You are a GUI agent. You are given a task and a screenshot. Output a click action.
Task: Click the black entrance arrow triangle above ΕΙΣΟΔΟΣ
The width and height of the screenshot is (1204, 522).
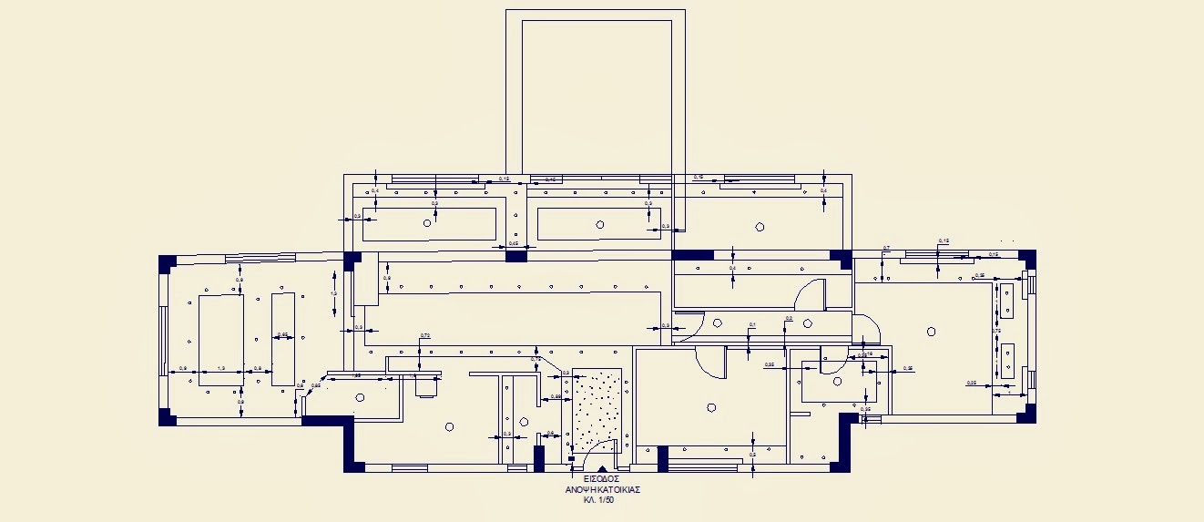[600, 467]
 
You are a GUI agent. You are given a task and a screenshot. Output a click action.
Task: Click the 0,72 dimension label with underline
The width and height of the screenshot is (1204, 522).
[424, 336]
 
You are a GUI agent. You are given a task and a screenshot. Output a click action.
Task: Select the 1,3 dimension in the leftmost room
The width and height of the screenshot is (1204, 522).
[220, 368]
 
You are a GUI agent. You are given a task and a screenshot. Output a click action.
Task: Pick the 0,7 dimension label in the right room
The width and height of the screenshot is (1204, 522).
[886, 248]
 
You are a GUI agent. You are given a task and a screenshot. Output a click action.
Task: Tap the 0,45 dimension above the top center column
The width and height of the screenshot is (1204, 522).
[514, 243]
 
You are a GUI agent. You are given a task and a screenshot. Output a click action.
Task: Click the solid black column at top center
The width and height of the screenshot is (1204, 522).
[516, 257]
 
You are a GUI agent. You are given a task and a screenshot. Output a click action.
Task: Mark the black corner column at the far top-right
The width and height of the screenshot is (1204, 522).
[1027, 258]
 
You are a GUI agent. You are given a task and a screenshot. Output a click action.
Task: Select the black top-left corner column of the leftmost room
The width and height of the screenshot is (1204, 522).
[167, 263]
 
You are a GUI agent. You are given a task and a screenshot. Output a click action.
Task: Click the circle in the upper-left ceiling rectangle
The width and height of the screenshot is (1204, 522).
[427, 222]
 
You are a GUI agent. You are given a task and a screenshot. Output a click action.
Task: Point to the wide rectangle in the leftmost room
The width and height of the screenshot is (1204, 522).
[220, 338]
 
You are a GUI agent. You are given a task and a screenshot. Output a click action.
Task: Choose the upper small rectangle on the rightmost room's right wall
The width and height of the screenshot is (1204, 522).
[1008, 302]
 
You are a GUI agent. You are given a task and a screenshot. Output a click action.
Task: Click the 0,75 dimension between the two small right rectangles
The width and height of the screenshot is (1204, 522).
[996, 331]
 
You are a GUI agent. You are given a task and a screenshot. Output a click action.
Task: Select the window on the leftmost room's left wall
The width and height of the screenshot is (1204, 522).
[164, 339]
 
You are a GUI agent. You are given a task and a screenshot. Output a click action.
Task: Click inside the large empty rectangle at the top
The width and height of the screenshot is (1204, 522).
[596, 91]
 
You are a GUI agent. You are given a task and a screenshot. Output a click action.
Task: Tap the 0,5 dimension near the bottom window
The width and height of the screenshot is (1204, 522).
[753, 454]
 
